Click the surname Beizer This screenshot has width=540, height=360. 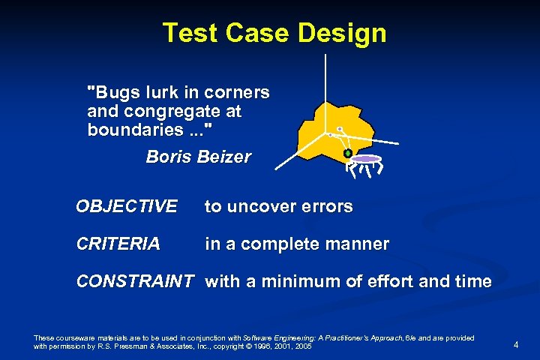[224, 157]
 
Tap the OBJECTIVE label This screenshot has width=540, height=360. [127, 206]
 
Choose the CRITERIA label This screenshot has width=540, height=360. [118, 244]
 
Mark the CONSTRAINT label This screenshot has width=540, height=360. [135, 282]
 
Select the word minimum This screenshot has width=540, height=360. [294, 282]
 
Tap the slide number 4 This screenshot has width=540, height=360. [516, 344]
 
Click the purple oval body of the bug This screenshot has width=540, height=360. [366, 159]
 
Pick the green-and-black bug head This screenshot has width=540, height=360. [348, 154]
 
